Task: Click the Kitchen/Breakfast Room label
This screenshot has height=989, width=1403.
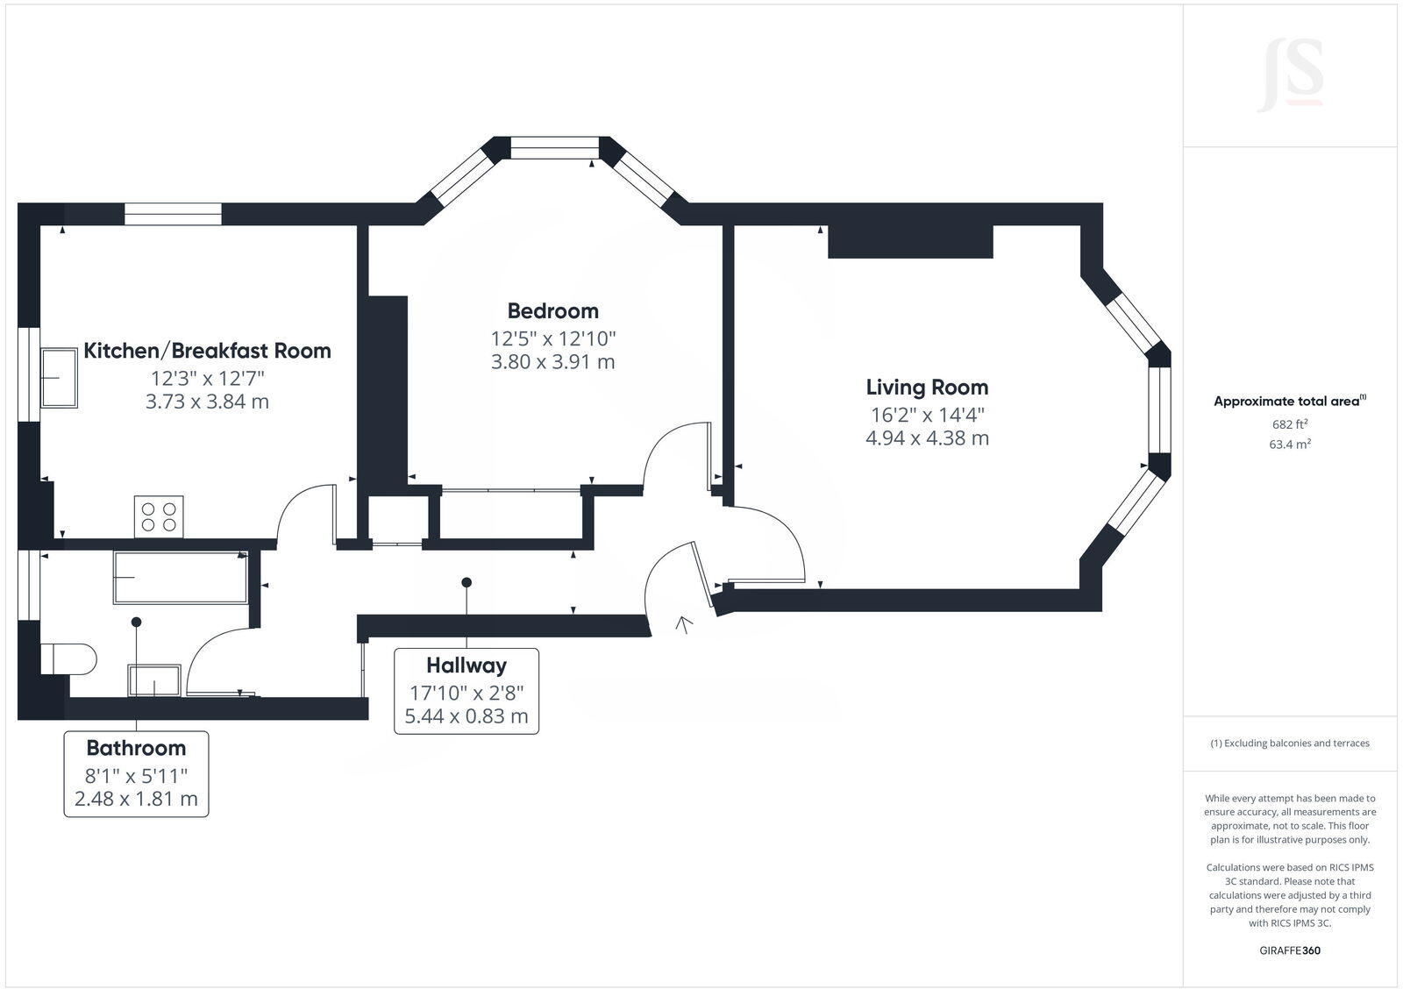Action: [207, 351]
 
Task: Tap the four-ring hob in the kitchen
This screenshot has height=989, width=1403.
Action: [159, 516]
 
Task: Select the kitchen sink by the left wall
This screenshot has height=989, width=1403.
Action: [60, 377]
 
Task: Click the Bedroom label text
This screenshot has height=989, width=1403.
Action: [552, 310]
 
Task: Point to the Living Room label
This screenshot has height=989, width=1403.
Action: [927, 387]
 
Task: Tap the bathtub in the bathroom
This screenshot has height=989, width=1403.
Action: [180, 577]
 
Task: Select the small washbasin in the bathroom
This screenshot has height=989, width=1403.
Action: [154, 680]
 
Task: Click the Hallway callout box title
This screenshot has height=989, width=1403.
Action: [466, 665]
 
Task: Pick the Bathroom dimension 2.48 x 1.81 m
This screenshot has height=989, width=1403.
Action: [136, 799]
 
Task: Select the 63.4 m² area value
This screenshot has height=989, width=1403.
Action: [1290, 444]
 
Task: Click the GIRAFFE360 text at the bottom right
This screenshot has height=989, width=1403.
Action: [1290, 950]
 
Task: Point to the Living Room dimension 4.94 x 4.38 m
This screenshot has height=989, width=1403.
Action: [927, 438]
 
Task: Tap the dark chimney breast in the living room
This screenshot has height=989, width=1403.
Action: [910, 242]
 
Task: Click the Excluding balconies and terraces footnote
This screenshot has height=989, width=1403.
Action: [1290, 743]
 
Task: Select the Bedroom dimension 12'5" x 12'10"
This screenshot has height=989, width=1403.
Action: [552, 338]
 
